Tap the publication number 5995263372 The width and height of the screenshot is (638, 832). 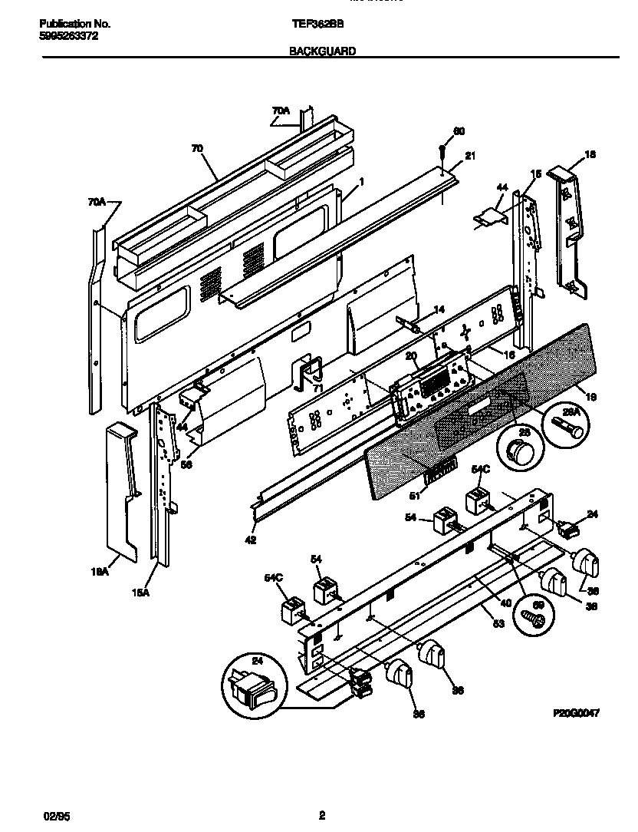point(68,36)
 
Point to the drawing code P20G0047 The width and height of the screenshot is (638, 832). point(575,712)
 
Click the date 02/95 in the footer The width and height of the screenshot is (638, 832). point(50,816)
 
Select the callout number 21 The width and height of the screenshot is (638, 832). point(470,156)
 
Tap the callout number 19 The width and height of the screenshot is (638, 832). point(590,397)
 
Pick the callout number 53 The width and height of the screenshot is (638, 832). point(498,624)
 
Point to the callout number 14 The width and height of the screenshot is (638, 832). point(439,309)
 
